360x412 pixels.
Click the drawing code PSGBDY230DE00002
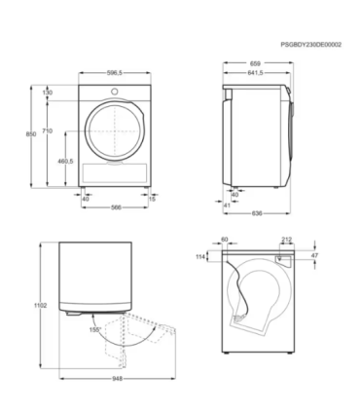tap(311, 45)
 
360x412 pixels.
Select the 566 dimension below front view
tap(114, 206)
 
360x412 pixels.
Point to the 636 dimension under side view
tap(256, 213)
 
